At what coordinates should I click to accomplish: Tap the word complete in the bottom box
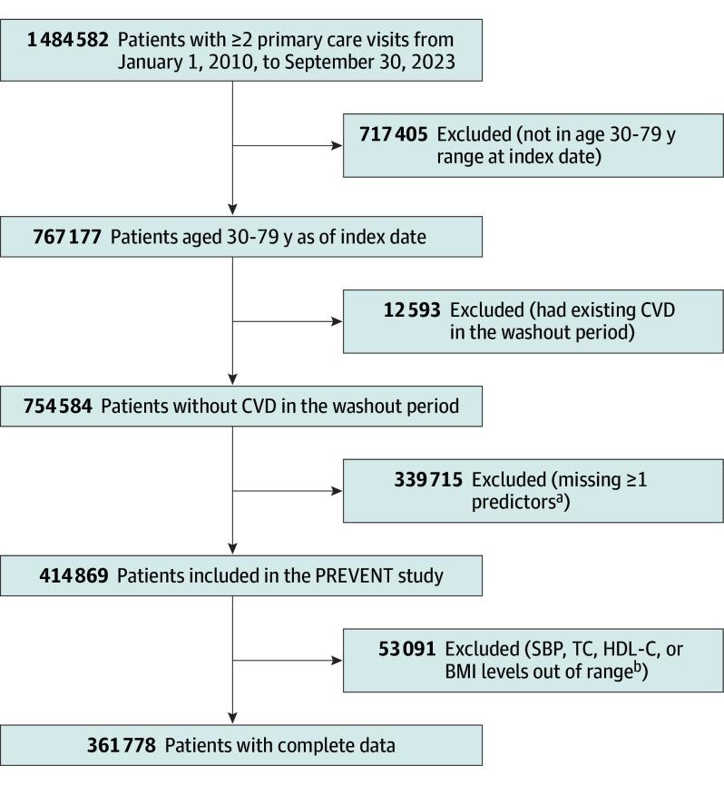316,746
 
